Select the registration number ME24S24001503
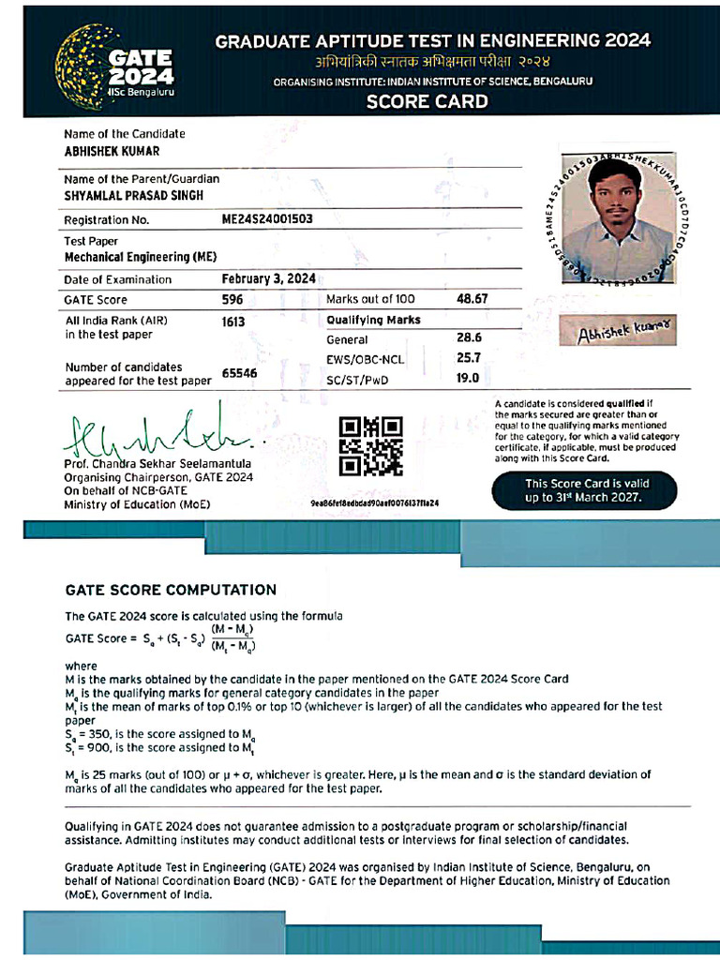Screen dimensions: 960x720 [267, 219]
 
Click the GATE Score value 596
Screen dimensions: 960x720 [232, 299]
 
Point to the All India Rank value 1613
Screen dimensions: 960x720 [233, 321]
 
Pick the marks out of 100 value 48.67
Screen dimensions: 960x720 [472, 299]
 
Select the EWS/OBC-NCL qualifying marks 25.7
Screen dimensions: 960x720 [468, 358]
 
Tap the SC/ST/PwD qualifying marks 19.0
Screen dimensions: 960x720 [468, 378]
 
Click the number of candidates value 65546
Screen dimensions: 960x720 [239, 373]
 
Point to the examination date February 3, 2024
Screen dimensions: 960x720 [268, 278]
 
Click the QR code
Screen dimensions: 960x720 [371, 446]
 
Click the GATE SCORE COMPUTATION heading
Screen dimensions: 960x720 [171, 590]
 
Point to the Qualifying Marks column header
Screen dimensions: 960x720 [373, 320]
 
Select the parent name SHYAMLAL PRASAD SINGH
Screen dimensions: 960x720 [133, 195]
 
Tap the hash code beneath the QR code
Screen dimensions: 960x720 [374, 503]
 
